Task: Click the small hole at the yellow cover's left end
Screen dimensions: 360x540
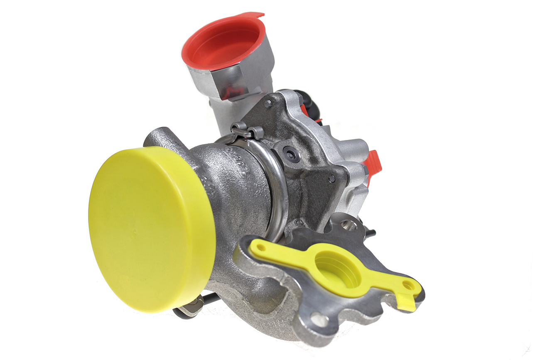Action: (x=261, y=248)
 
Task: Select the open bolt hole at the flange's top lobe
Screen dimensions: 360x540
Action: (x=349, y=225)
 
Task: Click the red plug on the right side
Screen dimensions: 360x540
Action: (x=373, y=163)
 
